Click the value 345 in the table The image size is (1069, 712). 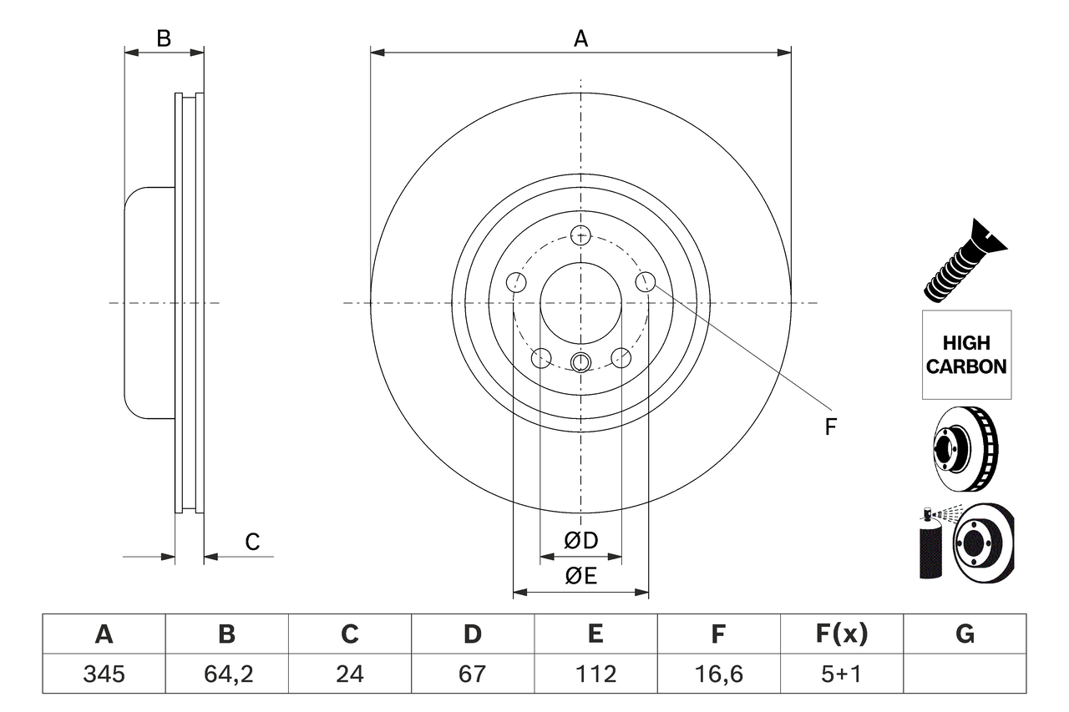pyautogui.click(x=104, y=674)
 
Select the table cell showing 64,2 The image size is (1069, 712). pyautogui.click(x=226, y=674)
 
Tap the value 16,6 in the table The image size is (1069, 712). pyautogui.click(x=717, y=674)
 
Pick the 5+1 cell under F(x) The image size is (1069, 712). pyautogui.click(x=841, y=674)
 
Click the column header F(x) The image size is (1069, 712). pyautogui.click(x=841, y=634)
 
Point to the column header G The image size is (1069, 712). pyautogui.click(x=965, y=634)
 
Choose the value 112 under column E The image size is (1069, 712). pyautogui.click(x=595, y=674)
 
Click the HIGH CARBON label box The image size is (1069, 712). pyautogui.click(x=966, y=355)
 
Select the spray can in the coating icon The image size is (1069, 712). pyautogui.click(x=930, y=547)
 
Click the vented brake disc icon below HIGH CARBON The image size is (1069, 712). pyautogui.click(x=965, y=450)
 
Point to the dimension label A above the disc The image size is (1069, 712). pyautogui.click(x=580, y=38)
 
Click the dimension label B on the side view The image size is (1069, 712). pyautogui.click(x=164, y=38)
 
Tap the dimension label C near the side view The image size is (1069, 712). pyautogui.click(x=252, y=542)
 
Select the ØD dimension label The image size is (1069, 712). pyautogui.click(x=581, y=541)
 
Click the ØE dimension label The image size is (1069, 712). pyautogui.click(x=581, y=576)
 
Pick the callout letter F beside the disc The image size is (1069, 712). pyautogui.click(x=830, y=427)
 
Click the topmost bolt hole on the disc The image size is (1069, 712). pyautogui.click(x=580, y=235)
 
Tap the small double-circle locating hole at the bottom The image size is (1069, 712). pyautogui.click(x=580, y=361)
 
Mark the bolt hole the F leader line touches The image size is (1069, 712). pyautogui.click(x=645, y=282)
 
